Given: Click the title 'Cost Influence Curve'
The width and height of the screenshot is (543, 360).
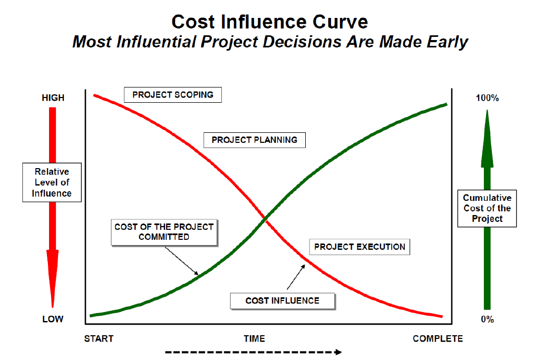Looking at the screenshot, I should coord(270,22).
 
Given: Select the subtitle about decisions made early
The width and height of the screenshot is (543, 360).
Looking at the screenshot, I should coord(270,42).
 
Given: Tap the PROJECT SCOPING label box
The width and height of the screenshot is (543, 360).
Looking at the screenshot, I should coord(173,95).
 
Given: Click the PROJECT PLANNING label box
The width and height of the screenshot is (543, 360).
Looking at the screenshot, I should coord(254,140).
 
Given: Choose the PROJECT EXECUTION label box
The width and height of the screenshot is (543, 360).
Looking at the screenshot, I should coord(360,247).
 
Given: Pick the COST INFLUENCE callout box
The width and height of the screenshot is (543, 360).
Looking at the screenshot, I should coord(282,300).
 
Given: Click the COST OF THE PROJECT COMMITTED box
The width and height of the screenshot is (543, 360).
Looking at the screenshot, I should coord(164,232).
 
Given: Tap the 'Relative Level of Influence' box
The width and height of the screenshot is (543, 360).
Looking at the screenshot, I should coord(52,182).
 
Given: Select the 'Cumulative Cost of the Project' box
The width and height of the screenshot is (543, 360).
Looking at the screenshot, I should coord(487,209).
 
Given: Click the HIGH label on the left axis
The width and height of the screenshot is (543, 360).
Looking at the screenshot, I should coord(53,98).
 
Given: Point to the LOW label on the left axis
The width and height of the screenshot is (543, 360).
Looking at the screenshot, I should coord(53,319).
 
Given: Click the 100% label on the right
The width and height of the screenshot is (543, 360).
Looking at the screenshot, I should coord(487,98).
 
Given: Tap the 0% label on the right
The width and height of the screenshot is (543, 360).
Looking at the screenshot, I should coord(487,319).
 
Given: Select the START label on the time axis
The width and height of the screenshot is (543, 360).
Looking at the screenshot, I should coord(99,338).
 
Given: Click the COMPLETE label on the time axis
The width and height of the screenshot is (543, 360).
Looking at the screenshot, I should coord(438,338).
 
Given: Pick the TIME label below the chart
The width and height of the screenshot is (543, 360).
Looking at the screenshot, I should coord(254,338).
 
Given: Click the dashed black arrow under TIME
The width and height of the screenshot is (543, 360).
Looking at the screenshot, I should coord(253,352).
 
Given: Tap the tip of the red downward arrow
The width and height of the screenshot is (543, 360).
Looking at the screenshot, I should coord(53,306).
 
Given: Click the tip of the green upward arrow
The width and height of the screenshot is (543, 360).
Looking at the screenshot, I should coord(487,111).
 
